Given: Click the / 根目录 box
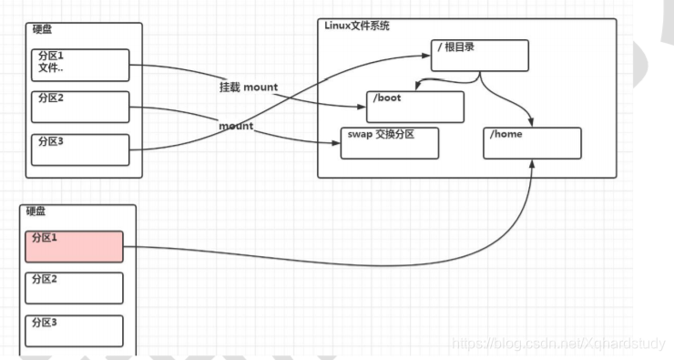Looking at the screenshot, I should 479,56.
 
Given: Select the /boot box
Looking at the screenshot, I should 414,106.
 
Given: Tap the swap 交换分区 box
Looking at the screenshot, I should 389,143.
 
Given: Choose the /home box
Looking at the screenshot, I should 532,143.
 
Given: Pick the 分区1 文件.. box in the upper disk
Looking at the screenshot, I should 81,64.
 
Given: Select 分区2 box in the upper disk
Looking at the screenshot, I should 81,106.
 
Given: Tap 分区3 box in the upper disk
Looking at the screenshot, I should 81,149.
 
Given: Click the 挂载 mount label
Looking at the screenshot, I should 248,87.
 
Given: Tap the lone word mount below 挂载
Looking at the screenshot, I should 236,125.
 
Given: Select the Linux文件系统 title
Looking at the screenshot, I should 357,26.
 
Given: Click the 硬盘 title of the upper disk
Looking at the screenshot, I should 42,30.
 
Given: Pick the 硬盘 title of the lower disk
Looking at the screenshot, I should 36,211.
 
